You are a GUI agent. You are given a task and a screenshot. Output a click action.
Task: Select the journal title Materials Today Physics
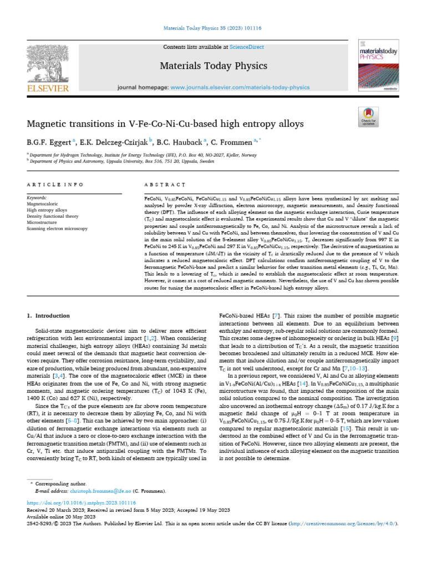tap(213, 66)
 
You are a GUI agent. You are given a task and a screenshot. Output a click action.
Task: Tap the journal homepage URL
tap(240, 88)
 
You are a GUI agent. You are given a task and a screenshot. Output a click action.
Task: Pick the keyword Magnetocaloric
tap(42, 204)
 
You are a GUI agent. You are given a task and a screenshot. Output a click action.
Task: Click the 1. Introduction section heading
tap(49, 316)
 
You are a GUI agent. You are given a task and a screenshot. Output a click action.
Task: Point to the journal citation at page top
tap(213, 27)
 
